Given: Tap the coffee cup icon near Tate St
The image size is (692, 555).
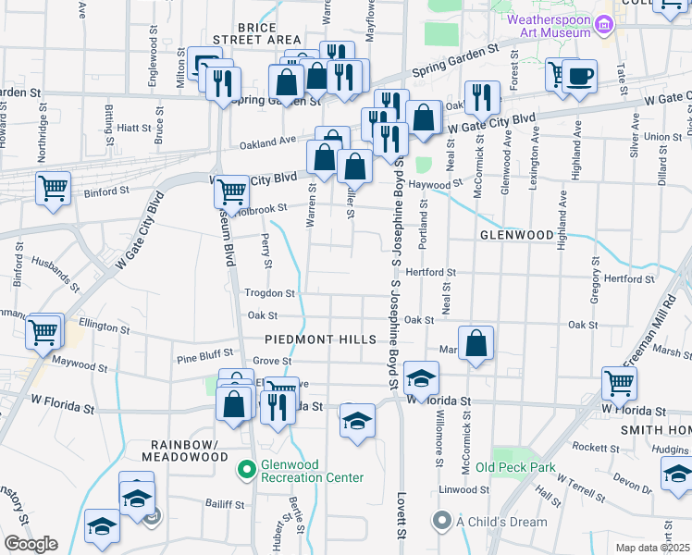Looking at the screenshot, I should tap(579, 76).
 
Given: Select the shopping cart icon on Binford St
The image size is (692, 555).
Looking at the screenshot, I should tap(54, 188).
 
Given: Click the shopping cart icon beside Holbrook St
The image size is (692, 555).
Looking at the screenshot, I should tap(232, 192).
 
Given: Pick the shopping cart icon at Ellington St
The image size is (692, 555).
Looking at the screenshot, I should tap(43, 332).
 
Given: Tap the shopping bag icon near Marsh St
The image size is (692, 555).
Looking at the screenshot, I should tap(476, 343).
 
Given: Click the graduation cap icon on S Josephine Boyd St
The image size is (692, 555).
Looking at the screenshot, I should tap(421, 377).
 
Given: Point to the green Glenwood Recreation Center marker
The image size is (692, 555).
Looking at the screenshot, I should tap(246, 470).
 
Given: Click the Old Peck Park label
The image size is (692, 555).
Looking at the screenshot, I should tap(515, 467).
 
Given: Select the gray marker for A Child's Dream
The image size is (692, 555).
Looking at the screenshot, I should tap(443, 522).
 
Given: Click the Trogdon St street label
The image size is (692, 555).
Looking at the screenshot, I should tap(268, 293).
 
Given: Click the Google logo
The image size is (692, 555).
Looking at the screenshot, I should tap(30, 544).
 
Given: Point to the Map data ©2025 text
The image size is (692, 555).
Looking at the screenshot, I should tap(652, 548).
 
